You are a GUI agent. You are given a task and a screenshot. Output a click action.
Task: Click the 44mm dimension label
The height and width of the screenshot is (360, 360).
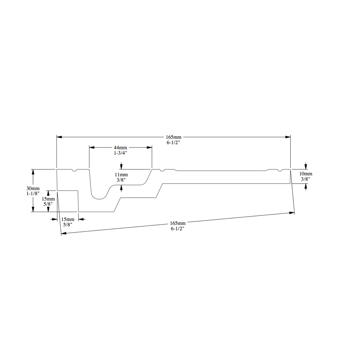point(120,148)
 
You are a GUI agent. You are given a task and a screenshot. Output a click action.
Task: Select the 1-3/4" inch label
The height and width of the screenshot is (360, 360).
point(120,153)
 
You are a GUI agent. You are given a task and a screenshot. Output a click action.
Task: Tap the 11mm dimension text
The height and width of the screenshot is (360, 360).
point(121,175)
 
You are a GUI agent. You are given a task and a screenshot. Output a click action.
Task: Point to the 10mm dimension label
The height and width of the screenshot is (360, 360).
point(306,174)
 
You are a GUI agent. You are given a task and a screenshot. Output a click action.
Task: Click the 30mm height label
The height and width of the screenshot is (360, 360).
point(33,189)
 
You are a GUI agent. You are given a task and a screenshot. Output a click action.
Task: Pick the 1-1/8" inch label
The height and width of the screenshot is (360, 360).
point(33,194)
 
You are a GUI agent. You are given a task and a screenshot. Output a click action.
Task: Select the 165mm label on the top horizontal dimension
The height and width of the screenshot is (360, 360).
point(174,137)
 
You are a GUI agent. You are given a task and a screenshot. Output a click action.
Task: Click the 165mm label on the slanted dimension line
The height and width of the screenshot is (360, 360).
point(178,223)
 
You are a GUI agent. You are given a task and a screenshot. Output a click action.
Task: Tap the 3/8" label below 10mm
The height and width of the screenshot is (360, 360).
point(306,179)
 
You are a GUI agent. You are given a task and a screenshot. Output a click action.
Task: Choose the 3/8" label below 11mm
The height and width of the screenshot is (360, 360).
point(121,180)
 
